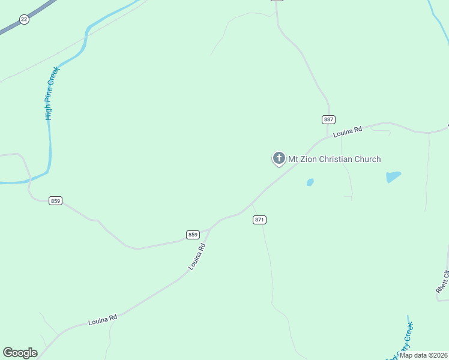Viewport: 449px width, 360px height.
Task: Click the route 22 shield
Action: tap(24, 19)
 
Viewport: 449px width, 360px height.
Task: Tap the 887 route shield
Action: tap(328, 119)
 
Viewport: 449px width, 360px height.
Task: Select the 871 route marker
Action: tap(259, 220)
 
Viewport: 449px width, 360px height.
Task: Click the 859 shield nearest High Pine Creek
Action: tap(56, 200)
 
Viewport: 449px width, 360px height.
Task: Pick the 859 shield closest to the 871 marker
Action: tap(193, 235)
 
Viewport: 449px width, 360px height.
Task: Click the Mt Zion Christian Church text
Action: tap(334, 159)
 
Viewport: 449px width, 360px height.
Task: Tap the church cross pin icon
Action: tap(279, 158)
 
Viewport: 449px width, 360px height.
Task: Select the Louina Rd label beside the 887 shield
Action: tap(349, 131)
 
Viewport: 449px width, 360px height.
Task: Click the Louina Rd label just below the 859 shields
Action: tap(197, 257)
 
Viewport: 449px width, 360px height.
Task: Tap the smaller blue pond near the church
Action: tap(310, 182)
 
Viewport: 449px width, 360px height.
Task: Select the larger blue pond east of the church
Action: tap(393, 176)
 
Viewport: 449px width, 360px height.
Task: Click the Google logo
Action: tap(20, 353)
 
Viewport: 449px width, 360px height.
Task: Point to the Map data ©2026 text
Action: tap(423, 355)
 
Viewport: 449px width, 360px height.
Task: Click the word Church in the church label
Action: tap(367, 159)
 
